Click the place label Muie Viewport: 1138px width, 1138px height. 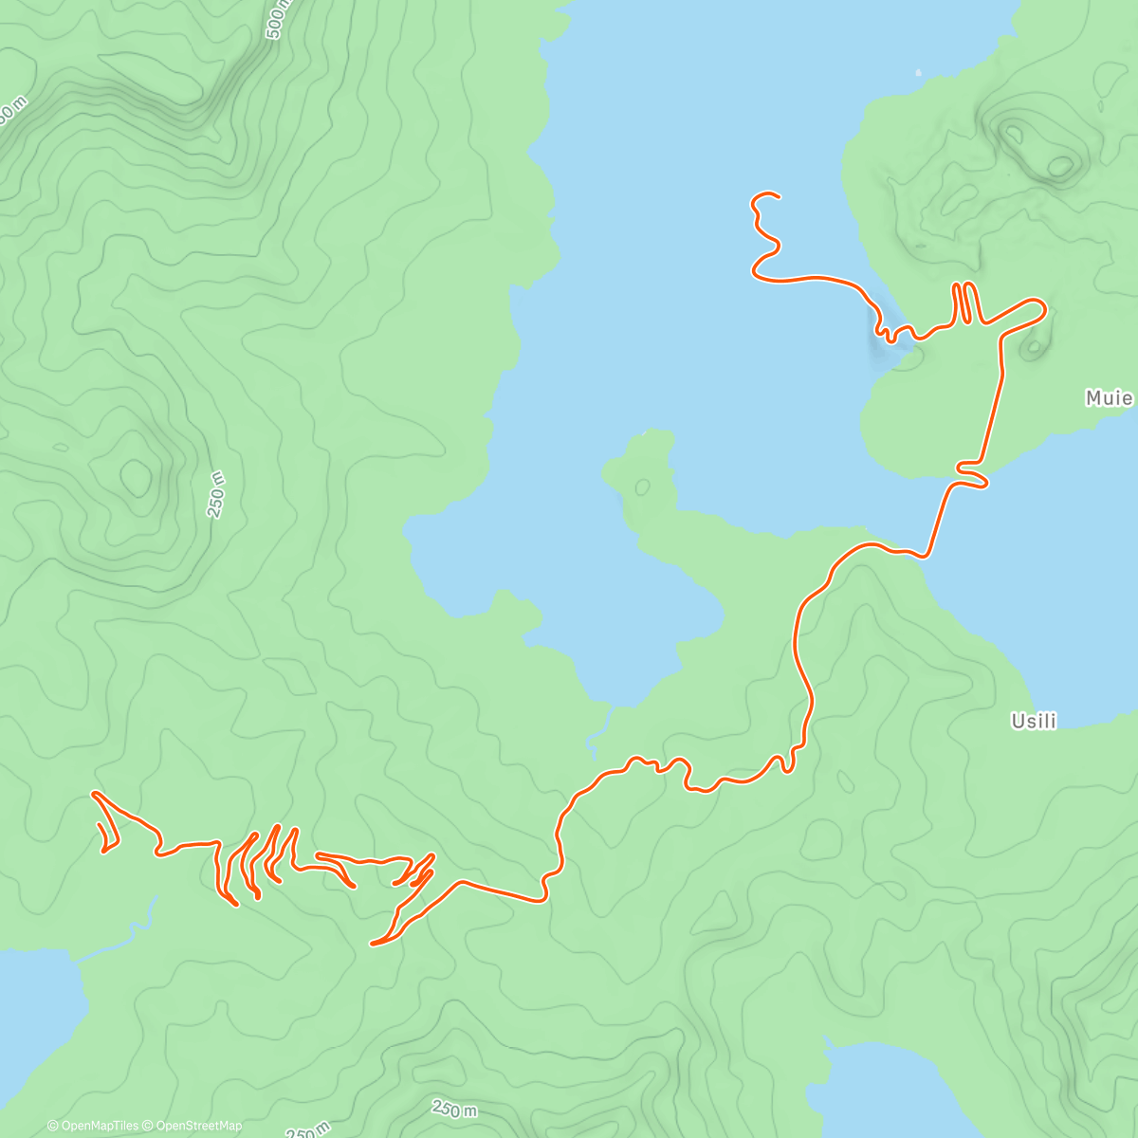coord(1109,398)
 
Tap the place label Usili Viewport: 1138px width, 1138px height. coord(1034,722)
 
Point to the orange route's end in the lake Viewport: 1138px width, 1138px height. coord(779,197)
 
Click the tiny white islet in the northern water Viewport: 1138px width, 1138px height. coord(918,71)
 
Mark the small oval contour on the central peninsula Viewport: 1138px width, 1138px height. coord(642,487)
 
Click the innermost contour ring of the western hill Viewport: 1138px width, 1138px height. coord(136,476)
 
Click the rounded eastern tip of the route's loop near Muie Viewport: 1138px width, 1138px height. coord(1044,307)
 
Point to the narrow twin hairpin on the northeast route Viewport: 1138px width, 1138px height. coord(963,303)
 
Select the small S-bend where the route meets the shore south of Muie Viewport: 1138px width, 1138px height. coord(972,474)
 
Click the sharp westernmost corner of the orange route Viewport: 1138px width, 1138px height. coord(93,793)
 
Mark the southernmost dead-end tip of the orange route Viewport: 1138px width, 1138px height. coord(372,944)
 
